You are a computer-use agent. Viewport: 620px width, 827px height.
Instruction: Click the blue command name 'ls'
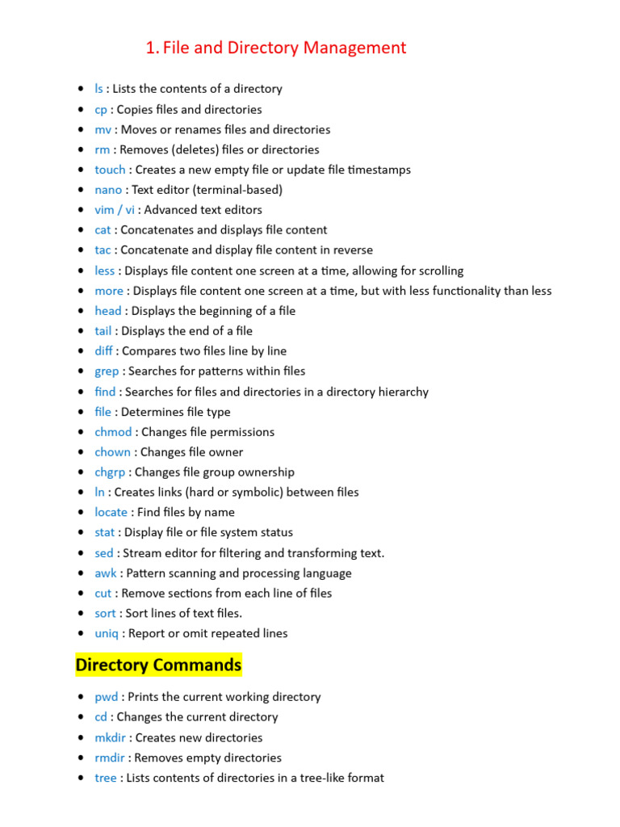click(x=98, y=89)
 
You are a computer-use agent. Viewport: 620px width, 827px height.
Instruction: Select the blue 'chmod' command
click(x=112, y=432)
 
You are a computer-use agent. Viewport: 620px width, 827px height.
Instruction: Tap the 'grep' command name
click(x=107, y=372)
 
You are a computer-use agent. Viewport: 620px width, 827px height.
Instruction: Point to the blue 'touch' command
click(x=110, y=170)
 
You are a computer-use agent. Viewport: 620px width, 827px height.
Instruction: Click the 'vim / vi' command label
click(x=115, y=210)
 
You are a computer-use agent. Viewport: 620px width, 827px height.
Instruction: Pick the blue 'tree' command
click(x=105, y=778)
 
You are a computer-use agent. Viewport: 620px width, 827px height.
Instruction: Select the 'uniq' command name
click(x=107, y=634)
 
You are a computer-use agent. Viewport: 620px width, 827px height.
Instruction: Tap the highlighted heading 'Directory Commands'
click(x=158, y=665)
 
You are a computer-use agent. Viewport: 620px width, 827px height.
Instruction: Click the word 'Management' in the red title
click(x=355, y=48)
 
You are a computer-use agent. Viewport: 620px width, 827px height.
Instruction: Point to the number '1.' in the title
click(x=152, y=48)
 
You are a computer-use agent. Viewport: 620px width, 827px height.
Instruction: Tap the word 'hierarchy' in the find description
click(x=401, y=392)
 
